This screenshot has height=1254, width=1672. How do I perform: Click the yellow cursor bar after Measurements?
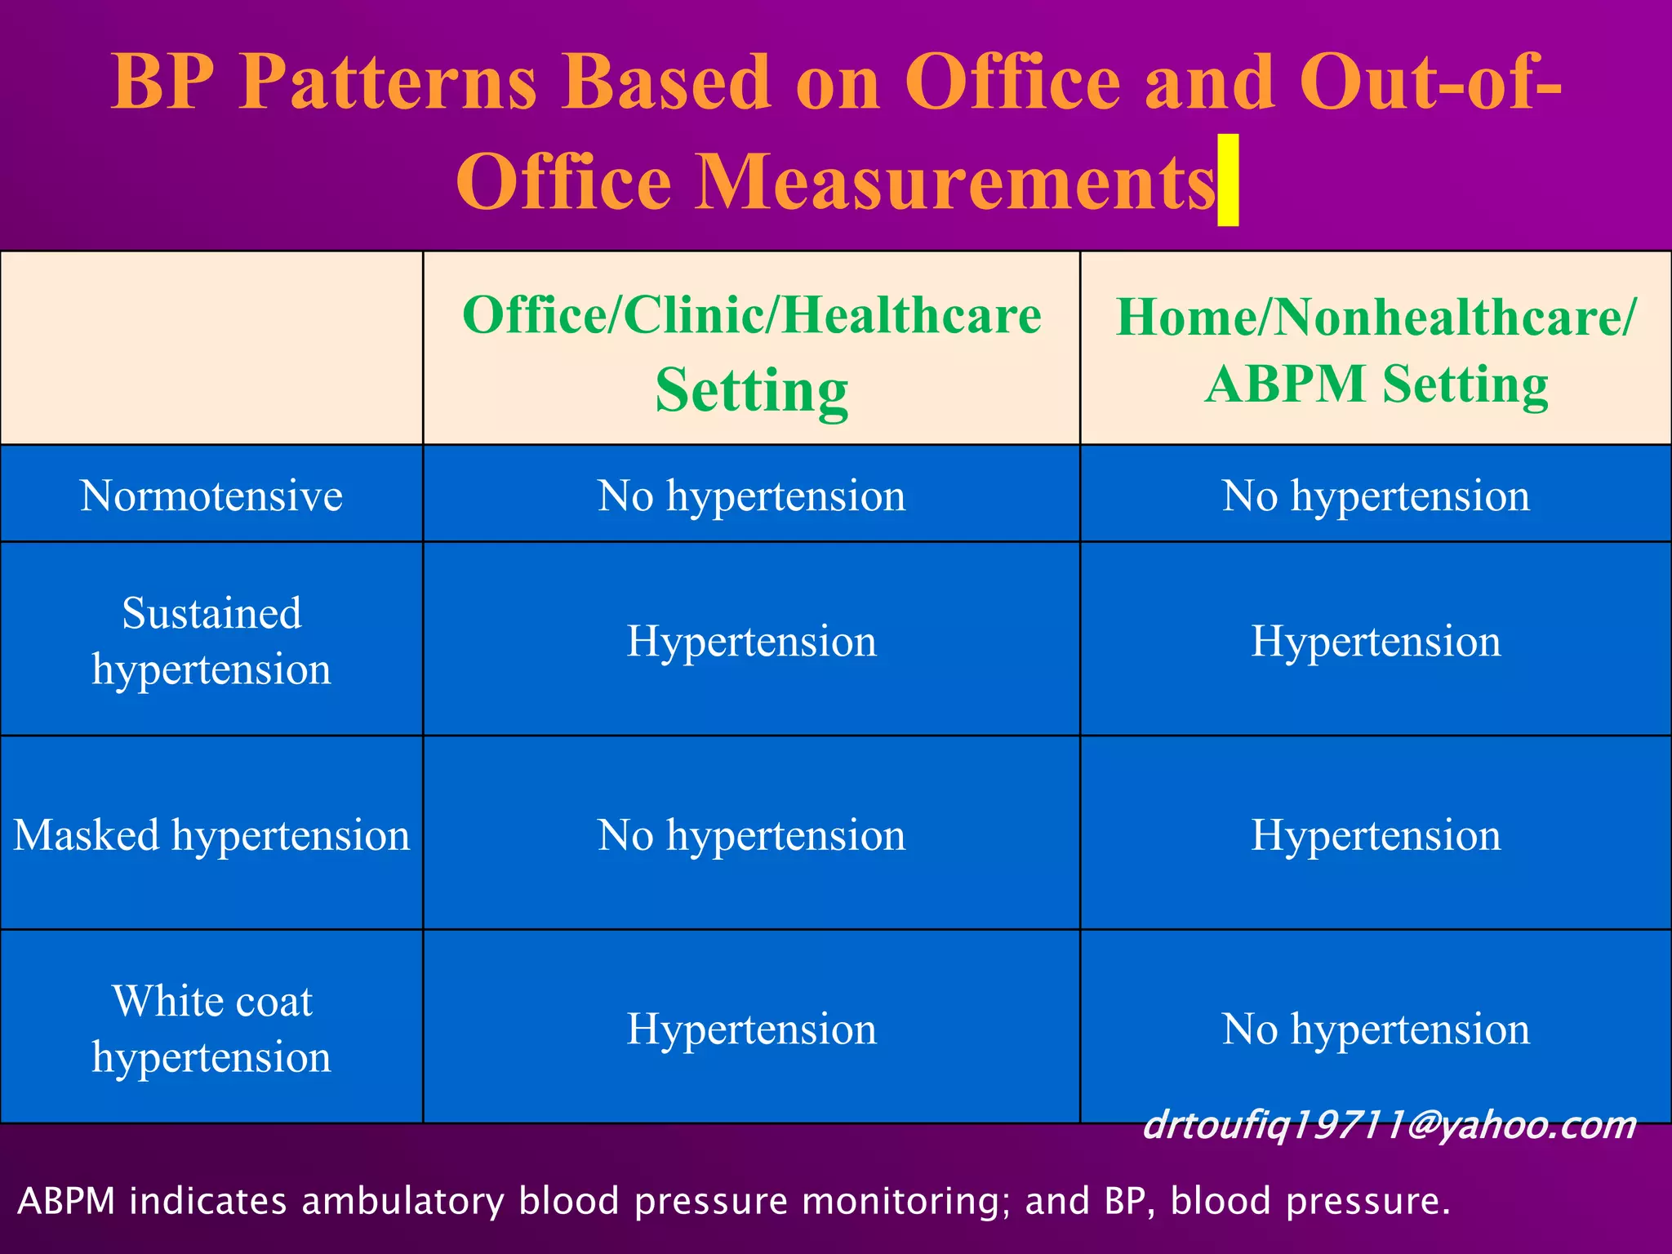1228,180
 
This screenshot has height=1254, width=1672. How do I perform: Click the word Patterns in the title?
388,82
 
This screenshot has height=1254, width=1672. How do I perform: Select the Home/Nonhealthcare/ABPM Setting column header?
1376,349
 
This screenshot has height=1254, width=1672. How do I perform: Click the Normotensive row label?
211,496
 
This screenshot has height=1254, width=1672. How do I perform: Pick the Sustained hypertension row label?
211,641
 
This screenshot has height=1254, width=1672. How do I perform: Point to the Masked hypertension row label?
211,835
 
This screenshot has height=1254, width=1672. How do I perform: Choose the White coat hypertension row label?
211,1029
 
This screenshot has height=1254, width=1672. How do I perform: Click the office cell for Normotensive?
751,496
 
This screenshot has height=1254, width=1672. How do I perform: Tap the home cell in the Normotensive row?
1376,496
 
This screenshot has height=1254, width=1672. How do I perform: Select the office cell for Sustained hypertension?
751,641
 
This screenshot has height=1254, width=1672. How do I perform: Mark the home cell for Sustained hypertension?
1376,641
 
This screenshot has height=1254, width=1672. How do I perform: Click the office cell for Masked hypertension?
751,835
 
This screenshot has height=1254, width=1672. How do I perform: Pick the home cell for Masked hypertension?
1376,835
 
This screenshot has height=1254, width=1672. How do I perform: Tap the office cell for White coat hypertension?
751,1029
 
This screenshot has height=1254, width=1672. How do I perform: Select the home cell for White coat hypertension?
1376,1029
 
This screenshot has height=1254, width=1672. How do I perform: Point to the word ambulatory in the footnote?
403,1202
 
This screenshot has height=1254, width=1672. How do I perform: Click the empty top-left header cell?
211,349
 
